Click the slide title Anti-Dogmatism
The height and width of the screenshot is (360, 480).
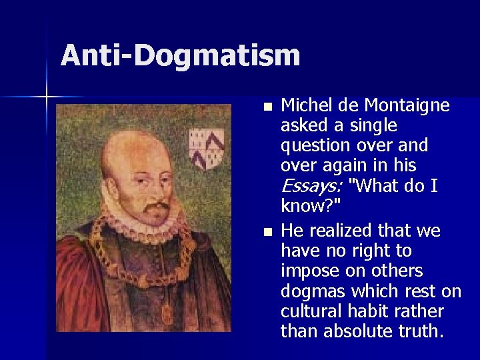[180, 55]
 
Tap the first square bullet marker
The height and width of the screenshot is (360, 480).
[267, 107]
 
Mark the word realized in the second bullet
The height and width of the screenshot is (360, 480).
[346, 232]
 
